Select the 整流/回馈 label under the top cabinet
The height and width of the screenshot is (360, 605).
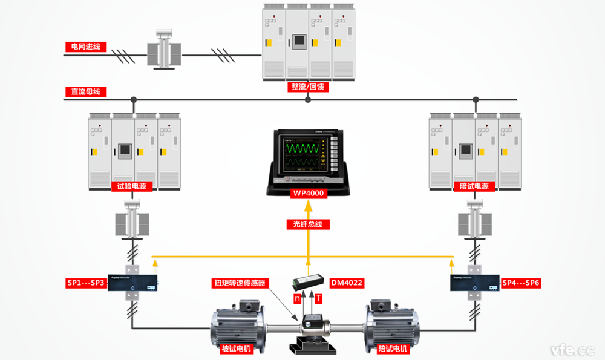click(307, 87)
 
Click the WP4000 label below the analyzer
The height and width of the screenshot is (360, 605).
click(308, 194)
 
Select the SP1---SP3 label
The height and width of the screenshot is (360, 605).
click(86, 283)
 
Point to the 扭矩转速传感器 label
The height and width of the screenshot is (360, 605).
click(239, 283)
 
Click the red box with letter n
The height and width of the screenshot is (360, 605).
click(297, 299)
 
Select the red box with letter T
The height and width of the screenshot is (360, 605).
click(318, 299)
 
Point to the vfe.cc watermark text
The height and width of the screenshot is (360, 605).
click(572, 350)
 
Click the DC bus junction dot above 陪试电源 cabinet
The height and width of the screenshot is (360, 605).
click(476, 99)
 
